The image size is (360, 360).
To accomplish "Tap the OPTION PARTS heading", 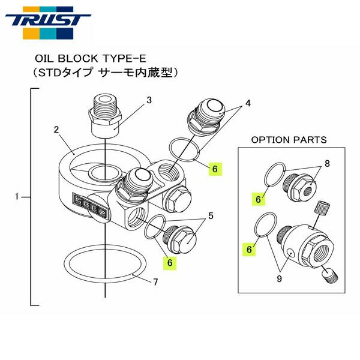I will tap(289, 140).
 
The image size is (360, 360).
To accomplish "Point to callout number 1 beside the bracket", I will tap(17, 196).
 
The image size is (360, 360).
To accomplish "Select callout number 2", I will tap(55, 128).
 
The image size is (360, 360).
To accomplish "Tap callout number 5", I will tap(210, 215).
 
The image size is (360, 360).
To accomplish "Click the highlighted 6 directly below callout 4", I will tap(214, 169).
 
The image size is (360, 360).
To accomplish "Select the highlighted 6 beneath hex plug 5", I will tap(170, 262).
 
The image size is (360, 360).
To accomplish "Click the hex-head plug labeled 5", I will tap(181, 240).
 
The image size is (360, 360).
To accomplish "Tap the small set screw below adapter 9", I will tap(329, 277).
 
